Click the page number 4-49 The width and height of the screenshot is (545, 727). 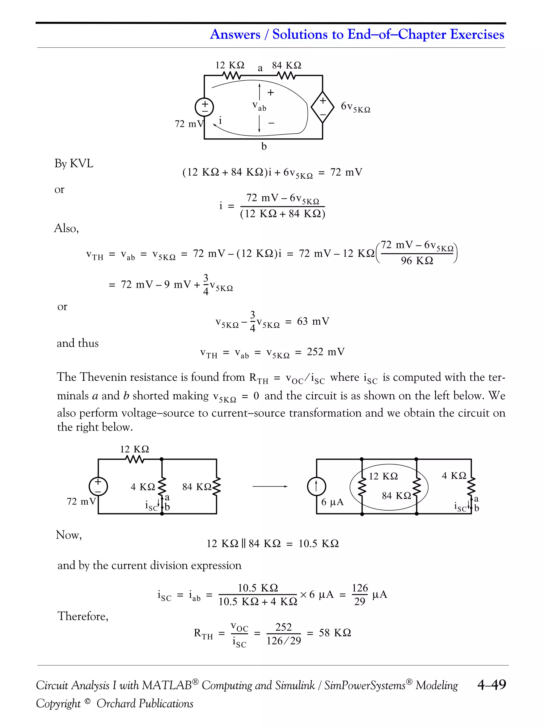tap(491, 685)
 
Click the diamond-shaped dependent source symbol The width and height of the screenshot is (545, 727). tap(323, 107)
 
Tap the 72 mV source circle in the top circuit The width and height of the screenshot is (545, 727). tap(204, 107)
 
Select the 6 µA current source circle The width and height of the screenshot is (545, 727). tap(316, 486)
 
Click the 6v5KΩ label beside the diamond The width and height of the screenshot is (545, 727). tap(356, 107)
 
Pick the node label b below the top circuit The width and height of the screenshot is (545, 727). tap(264, 147)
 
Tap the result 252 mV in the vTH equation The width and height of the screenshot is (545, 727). tap(325, 352)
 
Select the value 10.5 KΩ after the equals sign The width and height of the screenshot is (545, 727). tap(318, 544)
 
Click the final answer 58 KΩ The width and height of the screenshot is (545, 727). tap(335, 633)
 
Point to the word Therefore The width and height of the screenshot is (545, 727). tap(83, 616)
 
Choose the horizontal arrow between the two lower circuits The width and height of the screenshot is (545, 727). tap(270, 486)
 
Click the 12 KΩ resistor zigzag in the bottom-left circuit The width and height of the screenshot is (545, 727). tap(135, 459)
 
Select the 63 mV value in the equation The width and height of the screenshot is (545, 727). tap(313, 321)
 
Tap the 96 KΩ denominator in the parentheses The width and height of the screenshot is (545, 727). tap(417, 261)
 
